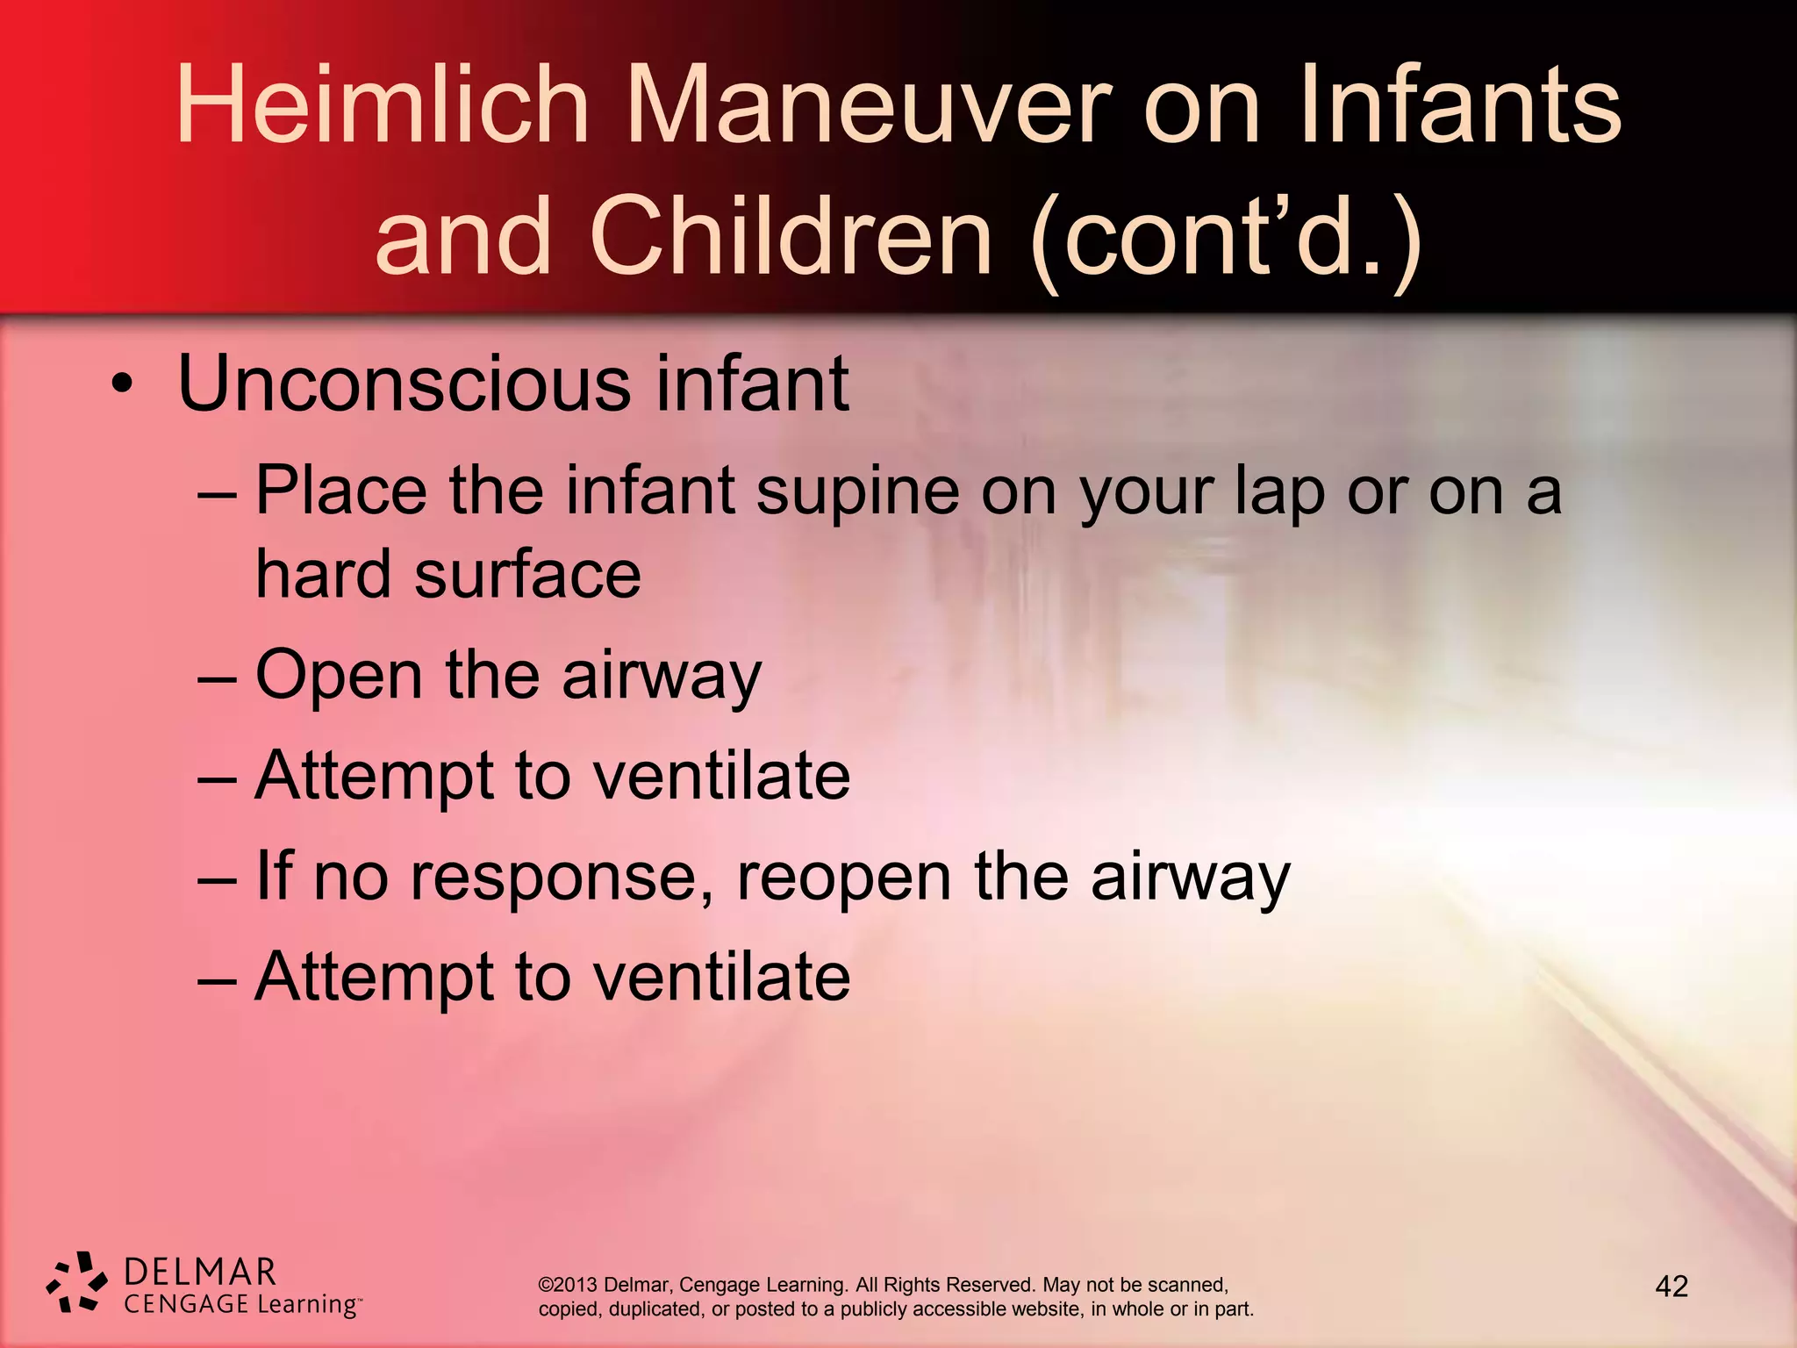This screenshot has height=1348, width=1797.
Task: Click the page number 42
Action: pyautogui.click(x=1671, y=1287)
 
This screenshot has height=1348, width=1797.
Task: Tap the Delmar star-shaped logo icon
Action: pyautogui.click(x=77, y=1283)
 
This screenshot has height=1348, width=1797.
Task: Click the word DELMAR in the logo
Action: pyautogui.click(x=200, y=1272)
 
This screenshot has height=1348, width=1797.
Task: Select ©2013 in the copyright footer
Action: pyautogui.click(x=568, y=1285)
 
